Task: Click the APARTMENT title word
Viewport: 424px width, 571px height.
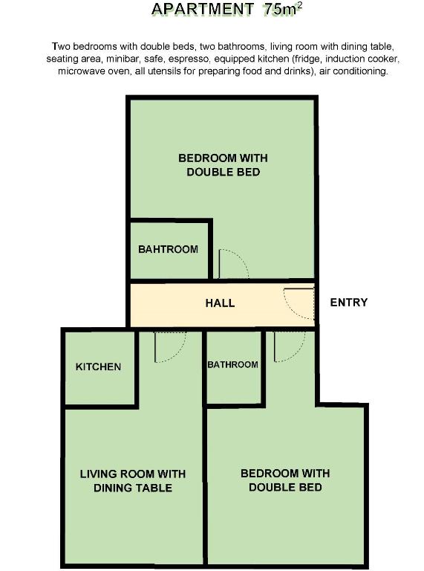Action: [x=203, y=9]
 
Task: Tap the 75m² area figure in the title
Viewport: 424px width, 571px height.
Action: [x=283, y=9]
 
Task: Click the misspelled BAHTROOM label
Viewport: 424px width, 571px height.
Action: [x=168, y=249]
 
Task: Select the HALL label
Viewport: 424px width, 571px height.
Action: [x=220, y=303]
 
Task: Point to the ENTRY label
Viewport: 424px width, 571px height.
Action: [x=349, y=303]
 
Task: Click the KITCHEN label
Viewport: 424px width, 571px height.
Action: [x=98, y=367]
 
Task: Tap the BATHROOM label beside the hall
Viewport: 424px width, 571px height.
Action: [x=232, y=364]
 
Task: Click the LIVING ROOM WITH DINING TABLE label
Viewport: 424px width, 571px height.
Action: [x=133, y=481]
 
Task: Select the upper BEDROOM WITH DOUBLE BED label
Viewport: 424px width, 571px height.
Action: [x=223, y=165]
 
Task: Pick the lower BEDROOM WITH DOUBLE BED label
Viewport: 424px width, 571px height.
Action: [x=285, y=480]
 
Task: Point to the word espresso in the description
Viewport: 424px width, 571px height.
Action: [x=189, y=59]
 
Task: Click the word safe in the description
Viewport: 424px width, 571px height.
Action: [x=154, y=59]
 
